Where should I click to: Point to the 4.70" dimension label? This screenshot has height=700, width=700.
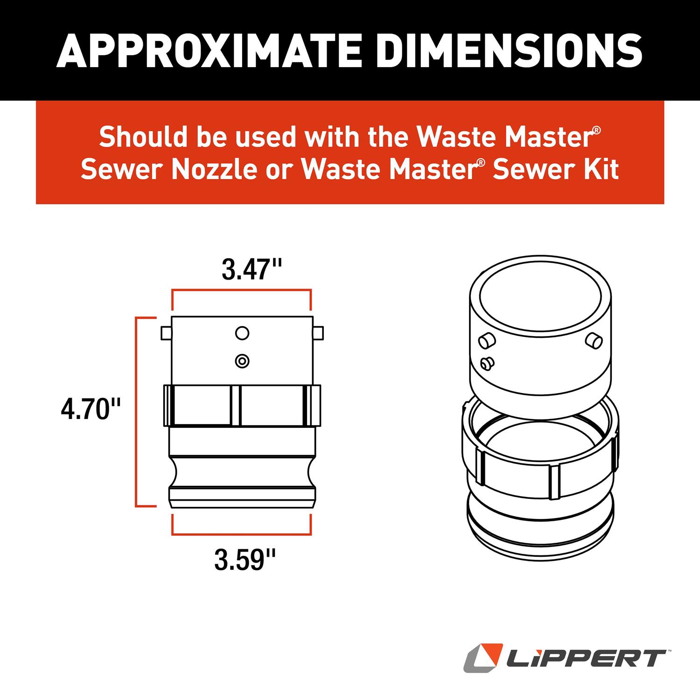(91, 410)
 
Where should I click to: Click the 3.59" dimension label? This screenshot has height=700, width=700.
(245, 560)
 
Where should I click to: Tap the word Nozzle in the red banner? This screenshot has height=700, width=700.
(214, 169)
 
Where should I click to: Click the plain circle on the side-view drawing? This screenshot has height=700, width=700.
(242, 333)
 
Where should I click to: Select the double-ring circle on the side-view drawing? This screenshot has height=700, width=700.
(242, 361)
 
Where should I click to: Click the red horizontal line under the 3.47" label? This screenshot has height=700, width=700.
(242, 290)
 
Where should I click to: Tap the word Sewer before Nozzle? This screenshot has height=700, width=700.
(123, 169)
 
